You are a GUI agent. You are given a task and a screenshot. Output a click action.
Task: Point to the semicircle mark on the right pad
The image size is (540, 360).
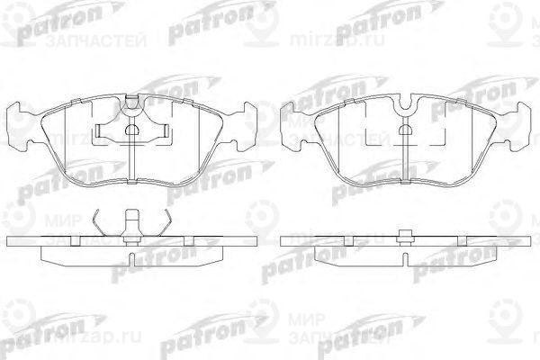tap(407, 127)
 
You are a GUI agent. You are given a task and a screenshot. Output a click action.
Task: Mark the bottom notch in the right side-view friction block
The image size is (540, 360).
tap(407, 259)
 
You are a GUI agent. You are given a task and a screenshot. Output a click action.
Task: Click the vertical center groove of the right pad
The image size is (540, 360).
tap(407, 153)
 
